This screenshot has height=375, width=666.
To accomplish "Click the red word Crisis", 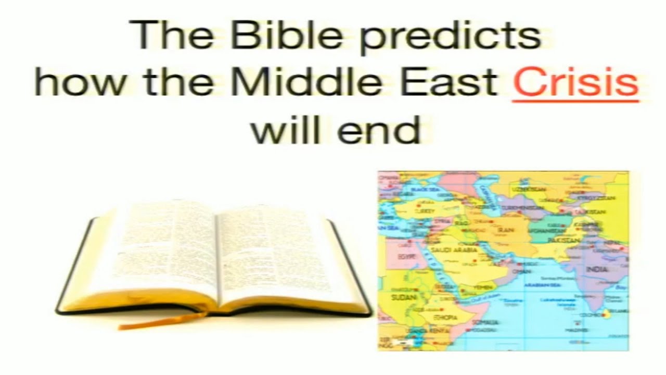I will coord(575,83).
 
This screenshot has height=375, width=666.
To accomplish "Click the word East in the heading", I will coord(457,83).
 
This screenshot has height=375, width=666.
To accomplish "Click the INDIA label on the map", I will coord(596,269).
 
